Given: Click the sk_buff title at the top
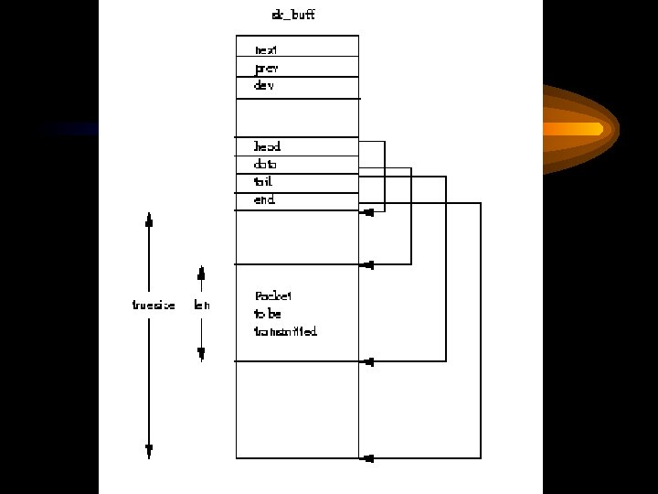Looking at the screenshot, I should coord(293,15).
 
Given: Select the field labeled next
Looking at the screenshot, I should coord(266,49).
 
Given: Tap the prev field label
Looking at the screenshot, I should coord(266,68).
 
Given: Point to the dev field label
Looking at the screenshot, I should coord(264,85).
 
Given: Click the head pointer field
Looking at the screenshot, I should coord(267,146).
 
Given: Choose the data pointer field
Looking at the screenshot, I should coord(265,165).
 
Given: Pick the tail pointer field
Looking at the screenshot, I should coord(263,182).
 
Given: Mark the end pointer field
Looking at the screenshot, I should coord(264,199).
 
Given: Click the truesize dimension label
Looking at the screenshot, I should coord(154,305).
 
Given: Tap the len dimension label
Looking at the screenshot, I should coord(202,305).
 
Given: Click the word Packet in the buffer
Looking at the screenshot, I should coord(273,295).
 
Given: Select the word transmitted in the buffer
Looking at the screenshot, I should coord(285,331).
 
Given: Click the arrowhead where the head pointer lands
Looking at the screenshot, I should coord(367,212).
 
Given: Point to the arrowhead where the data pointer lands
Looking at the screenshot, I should coord(367,265).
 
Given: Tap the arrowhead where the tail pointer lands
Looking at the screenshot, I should coord(367,361).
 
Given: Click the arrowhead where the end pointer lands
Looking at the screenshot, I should coord(367,457).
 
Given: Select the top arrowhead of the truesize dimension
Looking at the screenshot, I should coord(149,219).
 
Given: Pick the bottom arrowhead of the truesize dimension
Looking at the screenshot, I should coord(149,451).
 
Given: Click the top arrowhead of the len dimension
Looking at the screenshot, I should coord(201,273).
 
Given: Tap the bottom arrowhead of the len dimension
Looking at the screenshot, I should coord(201,354).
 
